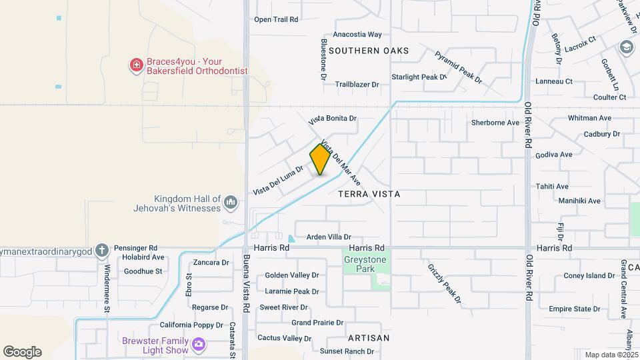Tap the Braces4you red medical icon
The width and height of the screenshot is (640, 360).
pos(136,65)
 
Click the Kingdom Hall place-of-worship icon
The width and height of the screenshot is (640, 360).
pos(231,201)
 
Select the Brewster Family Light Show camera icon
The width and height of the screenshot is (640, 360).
pos(198,344)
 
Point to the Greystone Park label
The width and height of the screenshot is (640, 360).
pos(359,265)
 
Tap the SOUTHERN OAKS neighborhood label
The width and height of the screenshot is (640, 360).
pos(369,51)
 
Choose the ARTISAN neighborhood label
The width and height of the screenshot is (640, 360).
pos(369,338)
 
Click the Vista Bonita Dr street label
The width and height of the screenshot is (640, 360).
pos(333,119)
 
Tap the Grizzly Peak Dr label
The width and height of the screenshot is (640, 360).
pos(445,283)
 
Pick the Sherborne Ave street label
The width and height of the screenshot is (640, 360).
pos(495,123)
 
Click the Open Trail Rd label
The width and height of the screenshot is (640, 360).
pos(275,19)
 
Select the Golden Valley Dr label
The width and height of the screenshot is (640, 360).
pos(292,275)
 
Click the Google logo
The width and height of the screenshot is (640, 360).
pos(22,352)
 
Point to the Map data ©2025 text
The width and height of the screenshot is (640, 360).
pos(611,355)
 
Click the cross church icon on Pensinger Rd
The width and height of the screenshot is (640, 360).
pos(101,251)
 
